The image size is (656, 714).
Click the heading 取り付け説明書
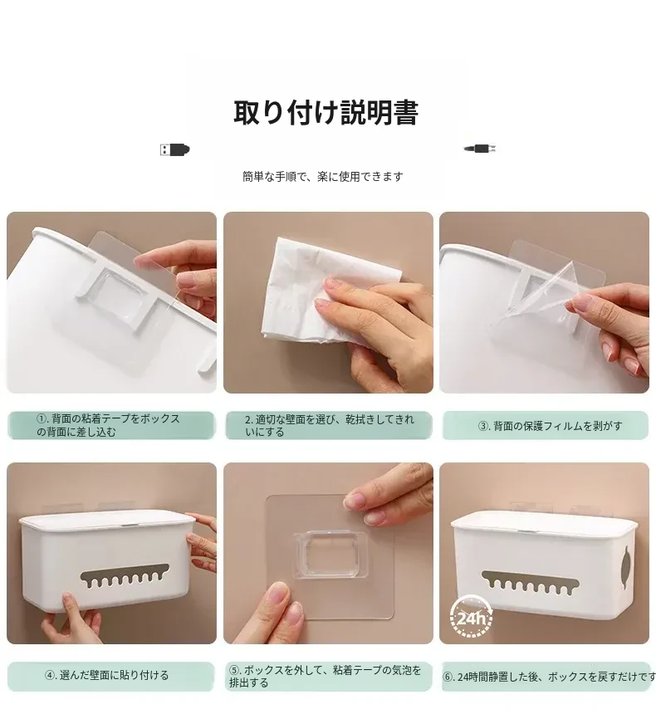[x=326, y=112]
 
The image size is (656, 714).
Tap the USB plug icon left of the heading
[x=175, y=149]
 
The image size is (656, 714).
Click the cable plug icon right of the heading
[x=480, y=149]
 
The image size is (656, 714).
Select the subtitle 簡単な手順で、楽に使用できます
[x=323, y=176]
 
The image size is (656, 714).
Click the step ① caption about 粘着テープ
[x=108, y=425]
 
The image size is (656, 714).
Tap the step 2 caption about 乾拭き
[x=330, y=425]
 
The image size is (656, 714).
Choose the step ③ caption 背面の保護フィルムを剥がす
[x=550, y=426]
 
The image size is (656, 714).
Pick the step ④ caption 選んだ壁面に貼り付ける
[x=107, y=675]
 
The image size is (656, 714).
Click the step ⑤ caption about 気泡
[x=326, y=676]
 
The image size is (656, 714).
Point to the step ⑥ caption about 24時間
[x=549, y=677]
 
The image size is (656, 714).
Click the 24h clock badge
[x=471, y=619]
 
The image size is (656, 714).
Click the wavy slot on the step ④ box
[x=125, y=575]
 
